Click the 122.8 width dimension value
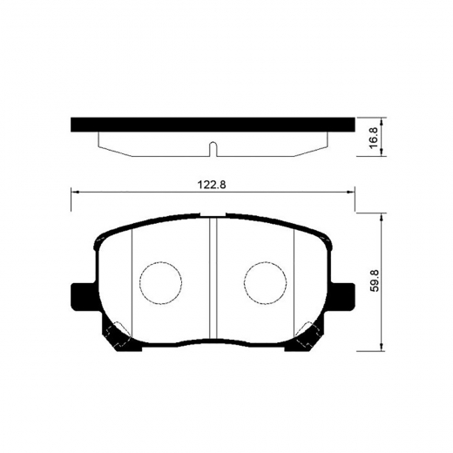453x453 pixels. click(213, 184)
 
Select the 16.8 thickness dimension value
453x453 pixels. click(374, 137)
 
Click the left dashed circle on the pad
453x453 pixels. click(159, 283)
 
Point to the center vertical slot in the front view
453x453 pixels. click(213, 279)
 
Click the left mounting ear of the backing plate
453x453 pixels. click(81, 295)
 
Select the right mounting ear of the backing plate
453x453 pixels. click(344, 295)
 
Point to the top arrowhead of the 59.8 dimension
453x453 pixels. click(383, 220)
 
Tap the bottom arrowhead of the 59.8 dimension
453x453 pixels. click(383, 348)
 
